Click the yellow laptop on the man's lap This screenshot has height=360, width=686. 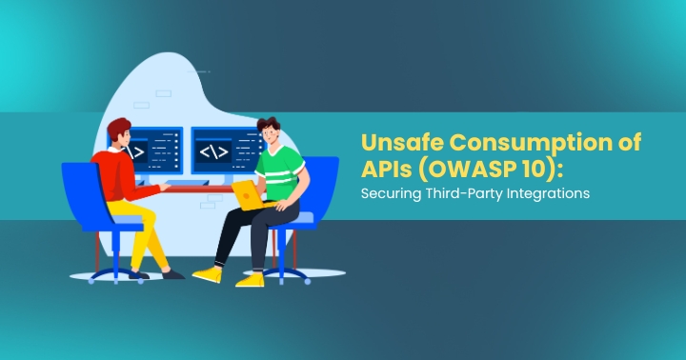(x=250, y=194)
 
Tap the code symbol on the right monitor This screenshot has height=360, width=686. (x=211, y=151)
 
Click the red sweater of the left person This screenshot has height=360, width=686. (x=119, y=175)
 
